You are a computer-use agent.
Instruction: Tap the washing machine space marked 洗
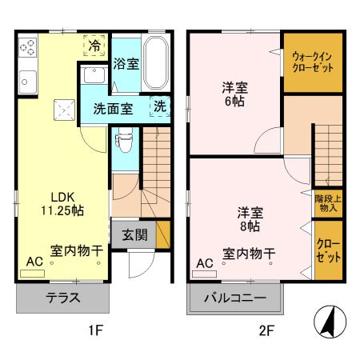click(160, 106)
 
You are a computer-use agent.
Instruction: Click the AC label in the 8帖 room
click(205, 262)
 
